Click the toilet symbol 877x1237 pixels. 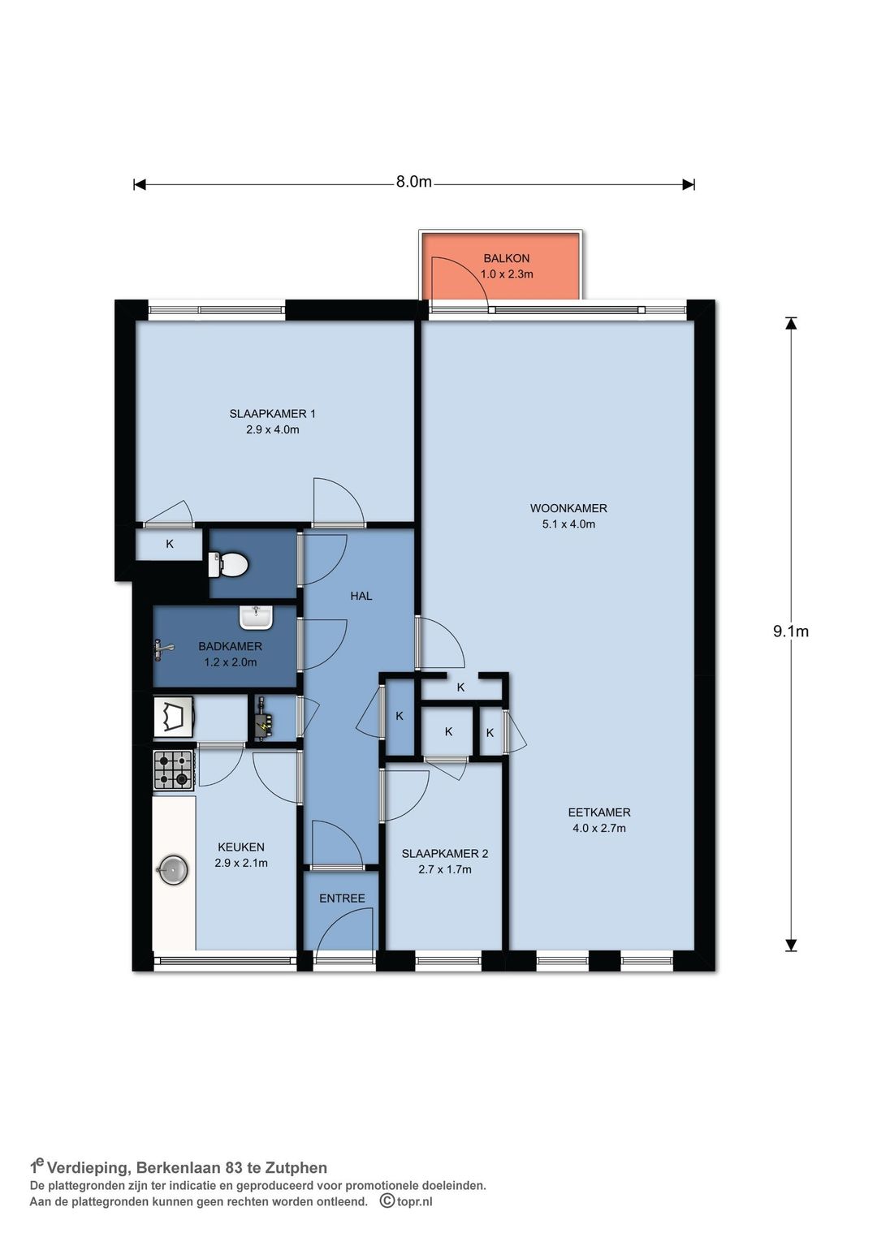point(227,564)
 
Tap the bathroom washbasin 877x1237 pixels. point(256,617)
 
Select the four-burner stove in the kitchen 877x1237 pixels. point(174,770)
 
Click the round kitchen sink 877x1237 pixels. point(173,870)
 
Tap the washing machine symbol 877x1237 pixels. point(173,717)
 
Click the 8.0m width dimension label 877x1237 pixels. point(414,182)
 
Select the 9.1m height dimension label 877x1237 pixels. point(791,631)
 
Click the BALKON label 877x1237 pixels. point(506,258)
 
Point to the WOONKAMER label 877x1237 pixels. point(568,508)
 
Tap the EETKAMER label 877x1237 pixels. point(599,812)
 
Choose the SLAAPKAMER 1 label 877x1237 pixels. point(273,414)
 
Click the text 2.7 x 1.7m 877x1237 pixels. point(445,869)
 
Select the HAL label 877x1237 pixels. point(361,596)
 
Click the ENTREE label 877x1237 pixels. point(342,899)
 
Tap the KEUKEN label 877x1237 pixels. point(241,847)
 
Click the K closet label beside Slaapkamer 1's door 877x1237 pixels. point(170,544)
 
